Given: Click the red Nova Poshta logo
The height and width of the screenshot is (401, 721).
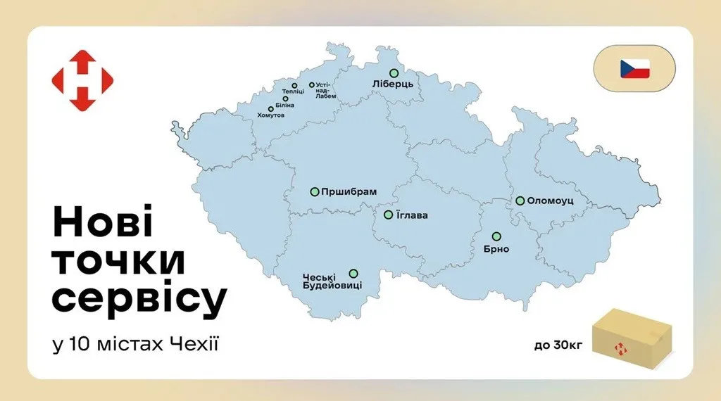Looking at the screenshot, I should point(82,80).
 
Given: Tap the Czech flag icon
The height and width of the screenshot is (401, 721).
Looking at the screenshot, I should point(634,69).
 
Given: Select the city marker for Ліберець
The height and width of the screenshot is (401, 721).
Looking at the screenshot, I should point(394,72).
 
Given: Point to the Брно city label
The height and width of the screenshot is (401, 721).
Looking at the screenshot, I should point(496,249).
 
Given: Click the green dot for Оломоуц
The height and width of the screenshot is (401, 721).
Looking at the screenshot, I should point(520,200).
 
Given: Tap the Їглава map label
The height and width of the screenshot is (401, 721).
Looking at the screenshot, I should point(413,215).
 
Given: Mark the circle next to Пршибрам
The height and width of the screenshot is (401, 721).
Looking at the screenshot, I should point(315,191).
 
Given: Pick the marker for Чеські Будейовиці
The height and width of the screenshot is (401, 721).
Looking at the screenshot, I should point(353,274).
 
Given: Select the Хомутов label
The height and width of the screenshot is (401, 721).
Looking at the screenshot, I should point(271,115).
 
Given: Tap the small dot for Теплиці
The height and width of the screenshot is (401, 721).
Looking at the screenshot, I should point(294,86).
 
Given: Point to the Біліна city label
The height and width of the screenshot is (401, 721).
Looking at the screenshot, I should point(284,106).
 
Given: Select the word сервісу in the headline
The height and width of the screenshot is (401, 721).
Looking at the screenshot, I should point(140,298).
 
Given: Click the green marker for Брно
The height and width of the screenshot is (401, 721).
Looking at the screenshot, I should point(496,236).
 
